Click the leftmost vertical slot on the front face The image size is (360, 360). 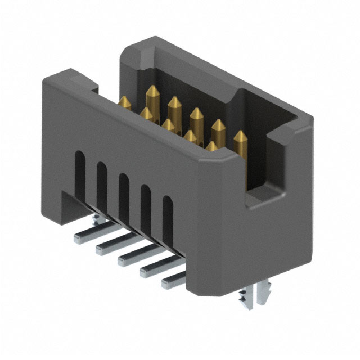(80, 169)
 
